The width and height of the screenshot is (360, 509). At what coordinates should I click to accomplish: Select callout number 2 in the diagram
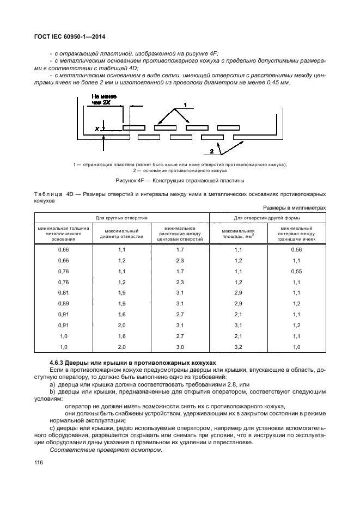211,151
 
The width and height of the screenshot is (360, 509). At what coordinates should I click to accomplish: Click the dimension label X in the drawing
96,129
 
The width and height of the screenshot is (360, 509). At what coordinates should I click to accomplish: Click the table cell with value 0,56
296,249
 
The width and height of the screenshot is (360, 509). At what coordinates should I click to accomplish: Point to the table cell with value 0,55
296,271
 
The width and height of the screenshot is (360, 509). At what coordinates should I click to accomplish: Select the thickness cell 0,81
64,293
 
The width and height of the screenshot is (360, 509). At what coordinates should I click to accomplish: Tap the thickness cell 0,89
64,303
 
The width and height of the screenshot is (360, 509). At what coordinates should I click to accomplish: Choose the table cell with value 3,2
237,347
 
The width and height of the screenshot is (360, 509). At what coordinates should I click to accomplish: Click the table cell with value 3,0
180,347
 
